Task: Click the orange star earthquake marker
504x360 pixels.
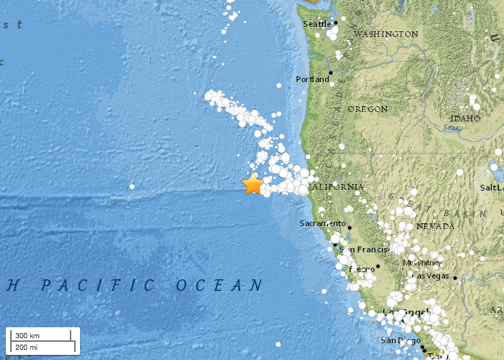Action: (252, 185)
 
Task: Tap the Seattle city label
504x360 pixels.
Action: (316, 24)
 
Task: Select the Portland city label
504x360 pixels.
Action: (312, 79)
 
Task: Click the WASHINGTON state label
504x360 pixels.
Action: (386, 34)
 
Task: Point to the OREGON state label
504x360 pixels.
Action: (367, 109)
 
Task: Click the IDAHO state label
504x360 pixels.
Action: (465, 118)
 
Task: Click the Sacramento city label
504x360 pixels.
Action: (321, 223)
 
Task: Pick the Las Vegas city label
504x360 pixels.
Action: (431, 276)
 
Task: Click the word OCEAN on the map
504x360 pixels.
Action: (218, 285)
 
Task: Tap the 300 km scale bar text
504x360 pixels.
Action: (27, 335)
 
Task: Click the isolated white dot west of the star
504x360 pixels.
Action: (132, 187)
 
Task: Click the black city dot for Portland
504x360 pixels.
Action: (330, 73)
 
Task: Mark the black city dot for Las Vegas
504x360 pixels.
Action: (455, 277)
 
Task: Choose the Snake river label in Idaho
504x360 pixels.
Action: (452, 128)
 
